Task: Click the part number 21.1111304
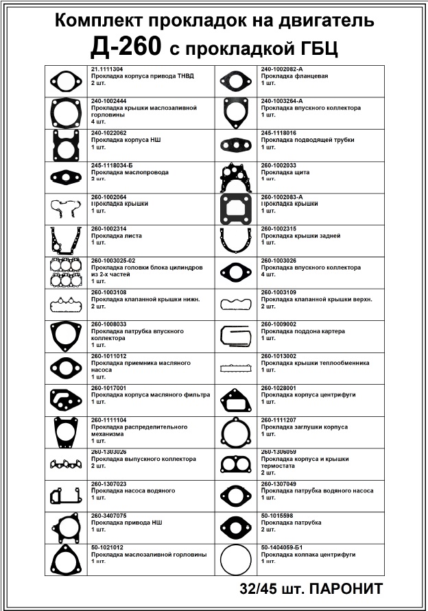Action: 107,69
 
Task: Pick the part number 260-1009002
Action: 278,324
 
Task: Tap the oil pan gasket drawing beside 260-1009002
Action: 236,336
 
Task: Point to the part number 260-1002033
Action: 278,165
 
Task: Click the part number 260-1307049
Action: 278,484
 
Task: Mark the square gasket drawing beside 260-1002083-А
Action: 236,208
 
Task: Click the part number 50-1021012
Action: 107,547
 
